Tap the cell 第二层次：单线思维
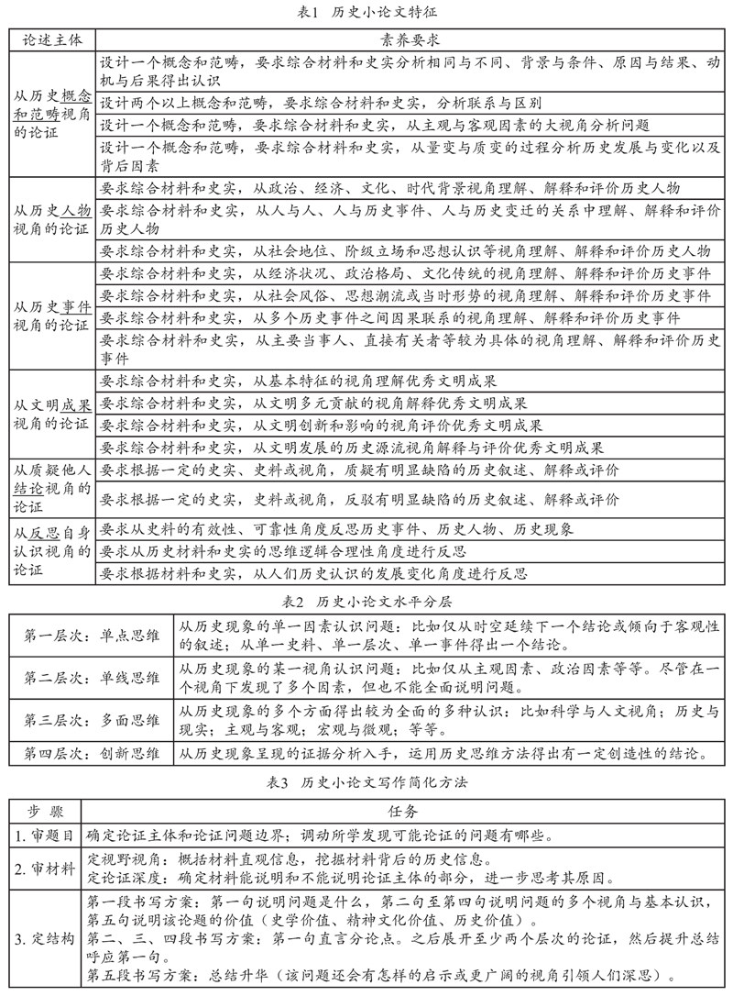click(x=92, y=679)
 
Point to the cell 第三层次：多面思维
click(x=92, y=722)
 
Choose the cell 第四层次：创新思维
click(x=92, y=755)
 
